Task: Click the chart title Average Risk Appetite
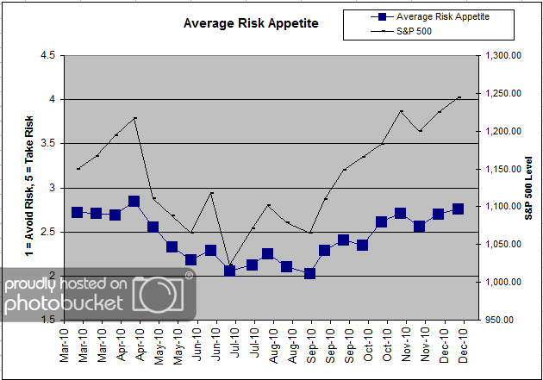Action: click(x=250, y=23)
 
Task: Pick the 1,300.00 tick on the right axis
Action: click(x=502, y=55)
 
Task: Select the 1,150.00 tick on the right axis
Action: click(x=502, y=169)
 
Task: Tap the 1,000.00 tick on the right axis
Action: click(x=502, y=282)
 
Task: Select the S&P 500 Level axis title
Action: click(x=528, y=188)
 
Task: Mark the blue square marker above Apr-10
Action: click(x=134, y=202)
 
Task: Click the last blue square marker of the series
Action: click(x=458, y=209)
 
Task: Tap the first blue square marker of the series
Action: click(x=78, y=212)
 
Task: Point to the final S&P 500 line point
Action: click(x=459, y=97)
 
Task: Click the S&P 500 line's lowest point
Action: click(x=229, y=265)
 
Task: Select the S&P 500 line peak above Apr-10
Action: click(x=134, y=117)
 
